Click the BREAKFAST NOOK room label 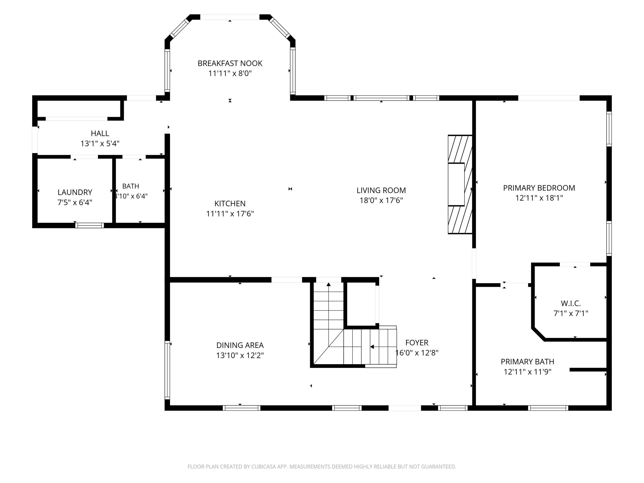230,64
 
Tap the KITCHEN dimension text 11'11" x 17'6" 230,214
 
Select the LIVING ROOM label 381,190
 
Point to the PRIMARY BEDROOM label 539,188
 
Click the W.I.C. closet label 571,303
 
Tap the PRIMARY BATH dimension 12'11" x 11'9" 528,372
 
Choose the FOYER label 417,343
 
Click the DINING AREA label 240,345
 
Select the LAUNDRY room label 75,192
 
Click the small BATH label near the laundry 131,186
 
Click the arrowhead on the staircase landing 372,347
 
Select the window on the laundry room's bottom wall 90,225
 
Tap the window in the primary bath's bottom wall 548,408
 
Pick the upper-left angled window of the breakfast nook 180,28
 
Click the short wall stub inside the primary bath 588,370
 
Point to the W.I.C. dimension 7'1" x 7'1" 571,314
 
